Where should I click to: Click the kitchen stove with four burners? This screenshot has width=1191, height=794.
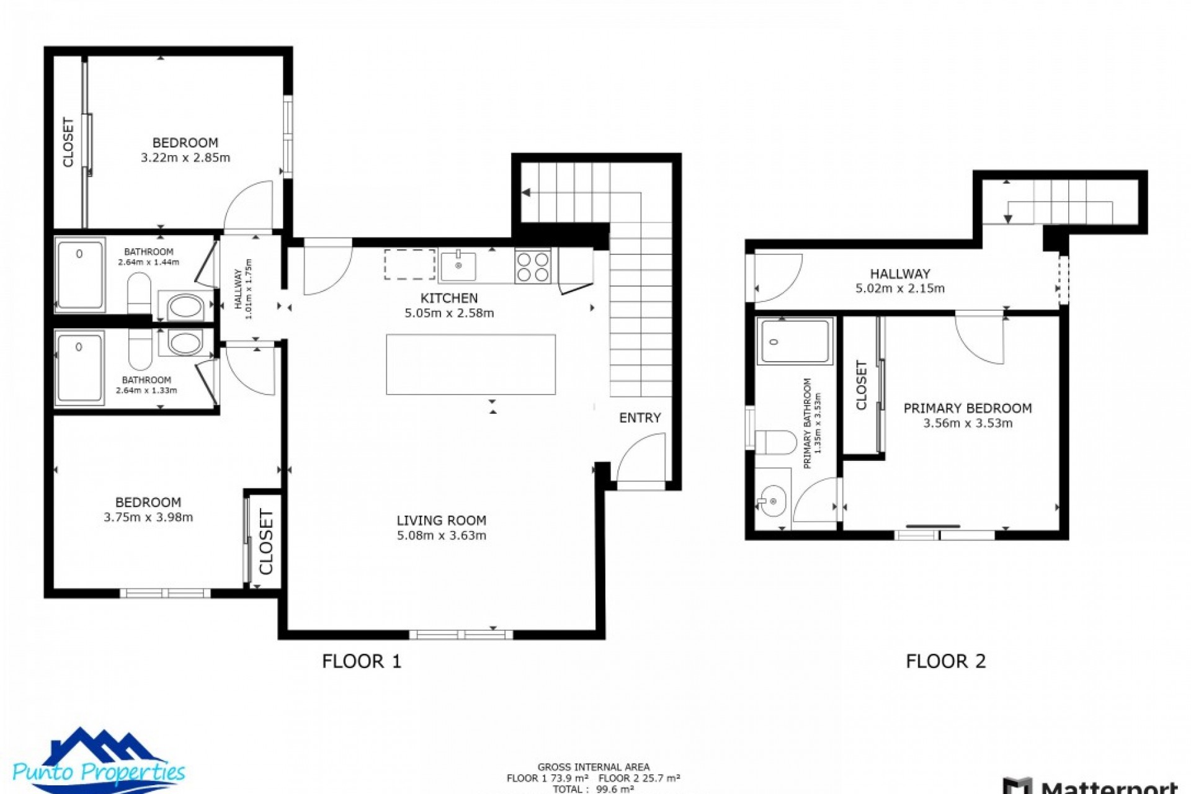(532, 267)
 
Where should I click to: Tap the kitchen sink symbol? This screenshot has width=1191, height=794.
(458, 266)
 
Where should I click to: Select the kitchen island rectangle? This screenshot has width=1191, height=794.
(470, 365)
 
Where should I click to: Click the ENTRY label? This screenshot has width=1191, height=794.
(640, 418)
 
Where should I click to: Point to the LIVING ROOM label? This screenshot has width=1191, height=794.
(441, 520)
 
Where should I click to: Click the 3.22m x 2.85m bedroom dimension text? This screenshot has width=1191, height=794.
(185, 158)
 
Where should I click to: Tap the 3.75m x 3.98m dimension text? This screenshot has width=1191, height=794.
(148, 517)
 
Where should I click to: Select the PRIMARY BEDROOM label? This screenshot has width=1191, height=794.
(967, 408)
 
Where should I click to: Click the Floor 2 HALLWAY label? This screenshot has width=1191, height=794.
(899, 274)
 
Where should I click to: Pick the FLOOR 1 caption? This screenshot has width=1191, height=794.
(362, 661)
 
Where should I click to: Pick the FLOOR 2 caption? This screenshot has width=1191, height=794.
(945, 661)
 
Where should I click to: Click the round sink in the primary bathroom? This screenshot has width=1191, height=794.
(772, 501)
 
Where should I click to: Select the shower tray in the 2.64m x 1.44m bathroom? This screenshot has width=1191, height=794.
(80, 275)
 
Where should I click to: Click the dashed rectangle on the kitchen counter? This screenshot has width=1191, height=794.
(409, 265)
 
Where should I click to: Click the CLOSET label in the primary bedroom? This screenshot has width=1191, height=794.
(861, 385)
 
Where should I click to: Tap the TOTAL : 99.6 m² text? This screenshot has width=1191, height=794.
(593, 789)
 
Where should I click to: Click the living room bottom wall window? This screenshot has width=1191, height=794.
(461, 634)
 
